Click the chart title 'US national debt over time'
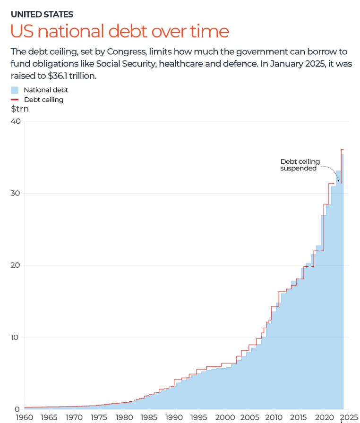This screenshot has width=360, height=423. tap(120, 31)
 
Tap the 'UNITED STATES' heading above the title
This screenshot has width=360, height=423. tap(42, 14)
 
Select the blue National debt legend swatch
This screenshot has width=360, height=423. tap(15, 90)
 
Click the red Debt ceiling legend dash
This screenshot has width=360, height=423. tap(15, 100)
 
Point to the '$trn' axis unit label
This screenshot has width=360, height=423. tap(20, 109)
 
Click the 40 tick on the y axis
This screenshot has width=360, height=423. tap(16, 121)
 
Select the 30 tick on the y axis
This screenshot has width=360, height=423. tap(16, 193)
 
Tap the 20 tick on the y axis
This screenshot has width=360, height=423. tap(16, 265)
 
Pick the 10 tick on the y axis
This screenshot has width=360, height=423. tap(16, 337)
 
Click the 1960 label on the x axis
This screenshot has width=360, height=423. tap(24, 417)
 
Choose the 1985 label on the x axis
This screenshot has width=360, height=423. tap(149, 417)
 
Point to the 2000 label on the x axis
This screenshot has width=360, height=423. tap(224, 417)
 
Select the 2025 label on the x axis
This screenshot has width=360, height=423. tap(349, 417)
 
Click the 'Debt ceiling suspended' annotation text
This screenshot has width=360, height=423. tap(300, 165)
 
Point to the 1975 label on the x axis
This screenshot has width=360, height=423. tap(99, 417)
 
